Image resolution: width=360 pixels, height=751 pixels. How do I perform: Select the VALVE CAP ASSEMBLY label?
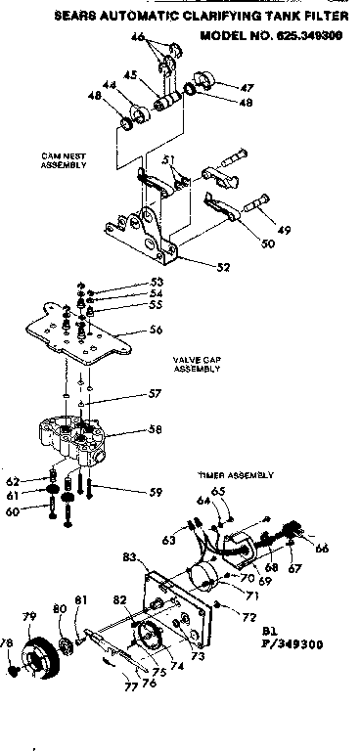click(198, 364)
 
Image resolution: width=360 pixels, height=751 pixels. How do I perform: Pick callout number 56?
click(155, 330)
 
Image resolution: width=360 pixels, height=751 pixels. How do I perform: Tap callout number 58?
click(155, 429)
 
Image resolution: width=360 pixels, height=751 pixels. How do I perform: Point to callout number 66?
click(323, 549)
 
